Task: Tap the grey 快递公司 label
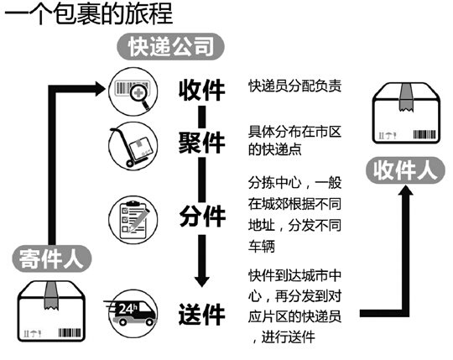pyautogui.click(x=171, y=47)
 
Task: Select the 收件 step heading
pyautogui.click(x=201, y=91)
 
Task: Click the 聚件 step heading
pyautogui.click(x=201, y=143)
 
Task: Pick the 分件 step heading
pyautogui.click(x=202, y=217)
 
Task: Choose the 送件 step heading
pyautogui.click(x=201, y=315)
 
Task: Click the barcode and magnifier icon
pyautogui.click(x=133, y=91)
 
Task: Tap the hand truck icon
pyautogui.click(x=133, y=146)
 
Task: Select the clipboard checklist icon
pyautogui.click(x=133, y=220)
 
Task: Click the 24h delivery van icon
pyautogui.click(x=132, y=314)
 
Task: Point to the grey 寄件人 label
pyautogui.click(x=52, y=258)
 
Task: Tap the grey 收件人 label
pyautogui.click(x=406, y=170)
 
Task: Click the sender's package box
pyautogui.click(x=51, y=311)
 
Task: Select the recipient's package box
pyautogui.click(x=407, y=113)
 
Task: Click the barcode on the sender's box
pyautogui.click(x=70, y=332)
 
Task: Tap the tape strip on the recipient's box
pyautogui.click(x=406, y=97)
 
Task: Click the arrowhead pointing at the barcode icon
pyautogui.click(x=99, y=89)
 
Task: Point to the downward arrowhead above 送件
pyautogui.click(x=202, y=281)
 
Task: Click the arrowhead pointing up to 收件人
pyautogui.click(x=406, y=190)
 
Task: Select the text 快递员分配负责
pyautogui.click(x=294, y=86)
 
